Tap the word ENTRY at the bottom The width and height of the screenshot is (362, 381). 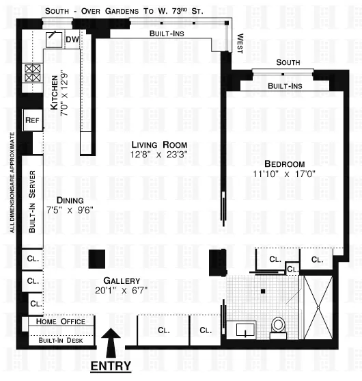(111, 366)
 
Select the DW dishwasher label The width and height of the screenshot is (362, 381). (72, 40)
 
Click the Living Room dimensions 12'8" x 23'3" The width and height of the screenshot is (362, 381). (160, 155)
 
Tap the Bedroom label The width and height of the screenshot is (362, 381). (284, 164)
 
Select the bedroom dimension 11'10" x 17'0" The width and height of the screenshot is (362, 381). (284, 174)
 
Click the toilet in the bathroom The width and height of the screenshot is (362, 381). (278, 326)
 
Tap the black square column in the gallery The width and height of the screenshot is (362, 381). (97, 259)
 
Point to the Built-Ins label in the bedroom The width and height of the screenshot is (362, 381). (285, 86)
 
